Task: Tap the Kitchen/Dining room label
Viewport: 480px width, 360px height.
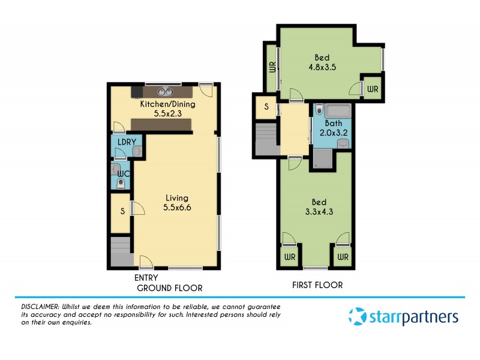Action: [x=167, y=104]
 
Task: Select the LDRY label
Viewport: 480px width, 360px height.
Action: [x=127, y=142]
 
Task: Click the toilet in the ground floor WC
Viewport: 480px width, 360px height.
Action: [x=121, y=184]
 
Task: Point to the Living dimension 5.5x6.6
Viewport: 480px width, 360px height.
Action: [x=176, y=208]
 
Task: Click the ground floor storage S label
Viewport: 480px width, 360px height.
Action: [x=122, y=211]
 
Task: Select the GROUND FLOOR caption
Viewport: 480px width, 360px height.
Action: [x=170, y=288]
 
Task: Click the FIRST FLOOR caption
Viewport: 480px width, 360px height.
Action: [x=317, y=286]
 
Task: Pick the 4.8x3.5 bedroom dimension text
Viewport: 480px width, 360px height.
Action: [x=322, y=68]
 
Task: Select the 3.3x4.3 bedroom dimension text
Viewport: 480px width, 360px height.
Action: [x=319, y=211]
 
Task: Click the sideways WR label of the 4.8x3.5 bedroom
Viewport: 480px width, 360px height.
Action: [x=272, y=67]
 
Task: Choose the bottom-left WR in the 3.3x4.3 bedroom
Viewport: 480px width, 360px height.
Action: [x=290, y=257]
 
